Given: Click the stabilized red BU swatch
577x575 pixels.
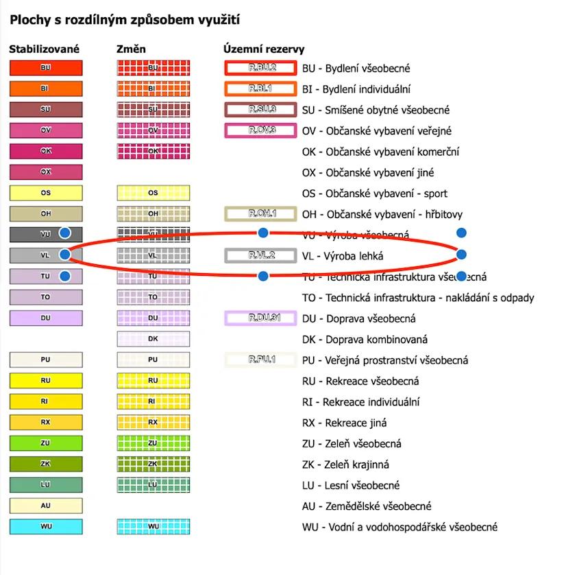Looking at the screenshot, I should (46, 68).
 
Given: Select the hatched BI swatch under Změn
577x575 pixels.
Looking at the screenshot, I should (153, 89).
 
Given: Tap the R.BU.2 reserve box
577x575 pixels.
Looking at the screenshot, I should (260, 68).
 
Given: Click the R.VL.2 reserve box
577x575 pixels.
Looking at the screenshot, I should (260, 255).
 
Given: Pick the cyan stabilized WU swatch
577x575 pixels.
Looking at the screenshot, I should (46, 527).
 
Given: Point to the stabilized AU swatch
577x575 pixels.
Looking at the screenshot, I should (46, 506).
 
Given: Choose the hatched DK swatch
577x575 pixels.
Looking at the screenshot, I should (153, 339).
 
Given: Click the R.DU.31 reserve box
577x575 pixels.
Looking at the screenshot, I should (260, 318).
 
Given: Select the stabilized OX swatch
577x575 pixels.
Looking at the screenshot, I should (46, 172).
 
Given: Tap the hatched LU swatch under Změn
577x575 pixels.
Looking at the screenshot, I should (153, 485).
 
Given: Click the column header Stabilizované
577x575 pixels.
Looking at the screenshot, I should (44, 49).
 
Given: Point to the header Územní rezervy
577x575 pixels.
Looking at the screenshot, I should (264, 49).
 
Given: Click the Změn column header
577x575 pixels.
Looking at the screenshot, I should (132, 49).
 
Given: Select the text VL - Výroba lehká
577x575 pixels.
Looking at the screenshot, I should (343, 256).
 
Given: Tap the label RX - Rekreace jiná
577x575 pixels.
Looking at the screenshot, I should (350, 423).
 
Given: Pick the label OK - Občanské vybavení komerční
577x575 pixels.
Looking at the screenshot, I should (380, 152).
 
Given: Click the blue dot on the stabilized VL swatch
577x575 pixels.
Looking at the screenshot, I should (65, 255).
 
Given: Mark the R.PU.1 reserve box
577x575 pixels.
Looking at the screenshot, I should (260, 360).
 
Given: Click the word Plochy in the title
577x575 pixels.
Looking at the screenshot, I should (29, 20).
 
